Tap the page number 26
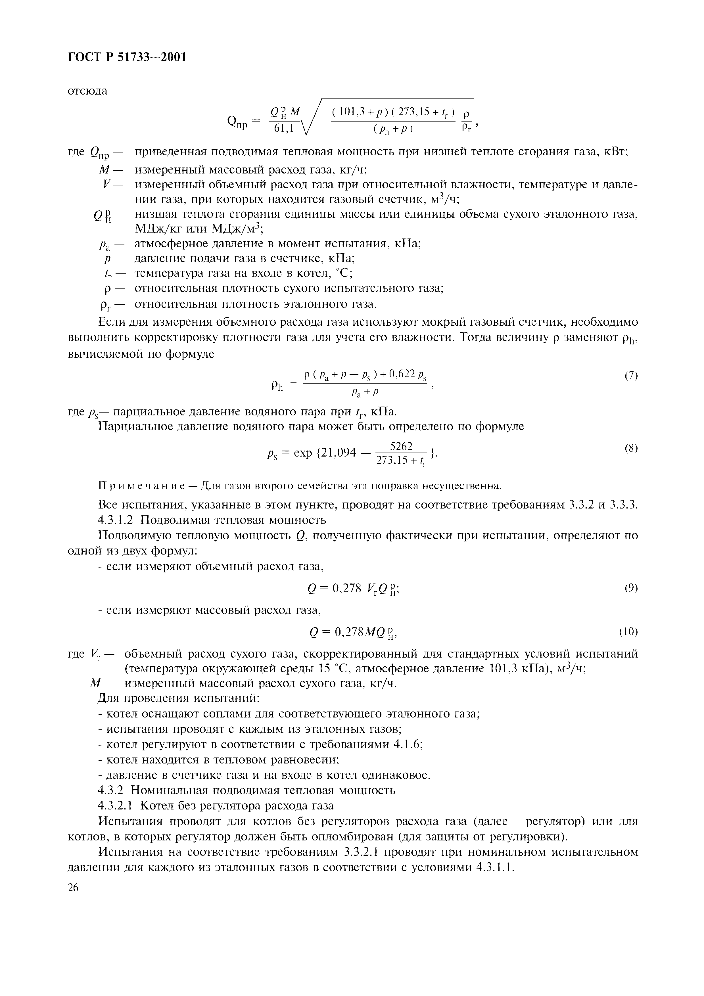coord(73,888)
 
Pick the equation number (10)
coord(628,632)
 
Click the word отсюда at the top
coord(88,91)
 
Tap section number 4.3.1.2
coord(116,520)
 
